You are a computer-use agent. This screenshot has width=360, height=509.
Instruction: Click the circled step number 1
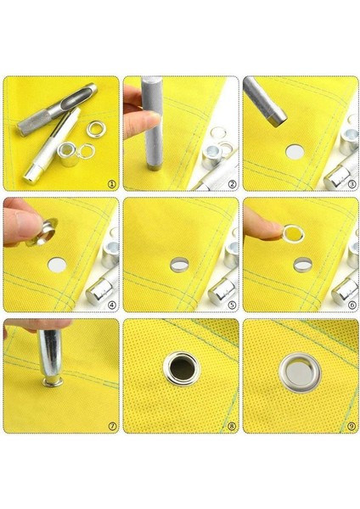(110, 182)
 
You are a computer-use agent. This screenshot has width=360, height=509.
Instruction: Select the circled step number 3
(351, 182)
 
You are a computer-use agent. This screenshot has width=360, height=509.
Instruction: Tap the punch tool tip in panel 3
(276, 119)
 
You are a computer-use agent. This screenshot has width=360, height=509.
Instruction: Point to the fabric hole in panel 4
(56, 265)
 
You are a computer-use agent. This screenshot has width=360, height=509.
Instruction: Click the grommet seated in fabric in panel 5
(180, 266)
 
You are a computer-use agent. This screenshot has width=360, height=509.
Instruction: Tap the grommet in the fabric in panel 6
(301, 265)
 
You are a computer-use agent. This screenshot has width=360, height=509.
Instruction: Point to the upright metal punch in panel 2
(154, 123)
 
